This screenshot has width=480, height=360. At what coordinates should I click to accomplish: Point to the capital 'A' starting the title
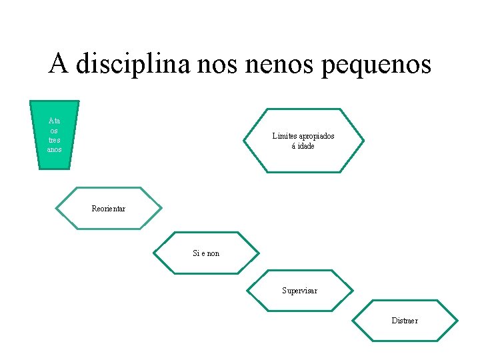click(x=59, y=64)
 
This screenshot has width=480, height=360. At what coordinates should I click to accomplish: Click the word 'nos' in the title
click(x=215, y=65)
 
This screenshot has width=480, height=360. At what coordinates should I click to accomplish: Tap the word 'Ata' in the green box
click(x=55, y=121)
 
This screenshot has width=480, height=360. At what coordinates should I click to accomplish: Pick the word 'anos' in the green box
click(x=55, y=149)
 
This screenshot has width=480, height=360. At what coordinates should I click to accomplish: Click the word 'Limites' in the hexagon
click(x=285, y=136)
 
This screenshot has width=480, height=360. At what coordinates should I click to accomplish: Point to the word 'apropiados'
click(x=317, y=136)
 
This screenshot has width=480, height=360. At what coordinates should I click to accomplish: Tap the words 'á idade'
click(x=303, y=145)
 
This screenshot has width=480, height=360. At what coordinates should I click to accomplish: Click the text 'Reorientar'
click(x=109, y=209)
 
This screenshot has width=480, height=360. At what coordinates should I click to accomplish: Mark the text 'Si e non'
click(x=206, y=253)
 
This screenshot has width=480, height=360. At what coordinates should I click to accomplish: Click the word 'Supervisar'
click(x=299, y=291)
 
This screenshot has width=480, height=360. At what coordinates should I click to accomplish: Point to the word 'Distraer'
click(x=405, y=321)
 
